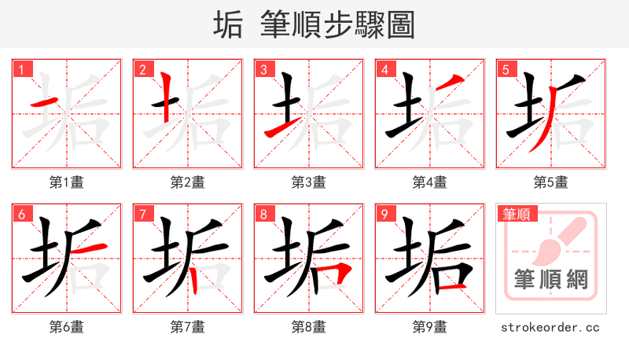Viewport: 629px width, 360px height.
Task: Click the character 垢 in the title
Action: tap(229, 25)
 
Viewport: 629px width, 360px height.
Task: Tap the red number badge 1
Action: tap(20, 69)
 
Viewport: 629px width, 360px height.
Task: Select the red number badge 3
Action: tap(263, 69)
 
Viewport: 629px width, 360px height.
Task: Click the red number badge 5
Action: tap(505, 69)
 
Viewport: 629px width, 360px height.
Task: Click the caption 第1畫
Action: tap(66, 182)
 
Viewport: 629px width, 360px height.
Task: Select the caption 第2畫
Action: tap(187, 182)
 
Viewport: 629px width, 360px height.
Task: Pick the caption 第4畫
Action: tap(429, 182)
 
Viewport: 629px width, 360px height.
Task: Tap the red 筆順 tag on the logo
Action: tap(517, 214)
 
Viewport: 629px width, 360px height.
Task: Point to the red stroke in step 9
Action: tap(451, 288)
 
